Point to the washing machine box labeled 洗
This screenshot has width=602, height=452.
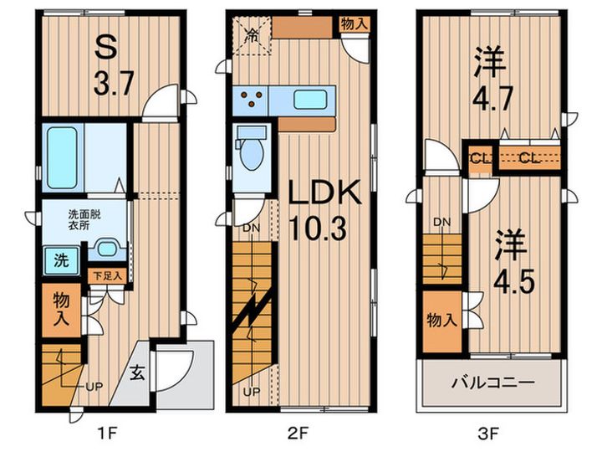[x=50, y=259]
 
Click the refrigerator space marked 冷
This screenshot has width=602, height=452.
[x=251, y=34]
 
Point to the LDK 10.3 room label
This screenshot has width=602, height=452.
[x=324, y=211]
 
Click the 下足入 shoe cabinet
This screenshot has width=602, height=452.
[x=106, y=275]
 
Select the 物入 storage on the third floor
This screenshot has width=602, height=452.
[x=440, y=320]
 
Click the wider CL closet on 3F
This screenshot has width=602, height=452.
[x=528, y=157]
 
